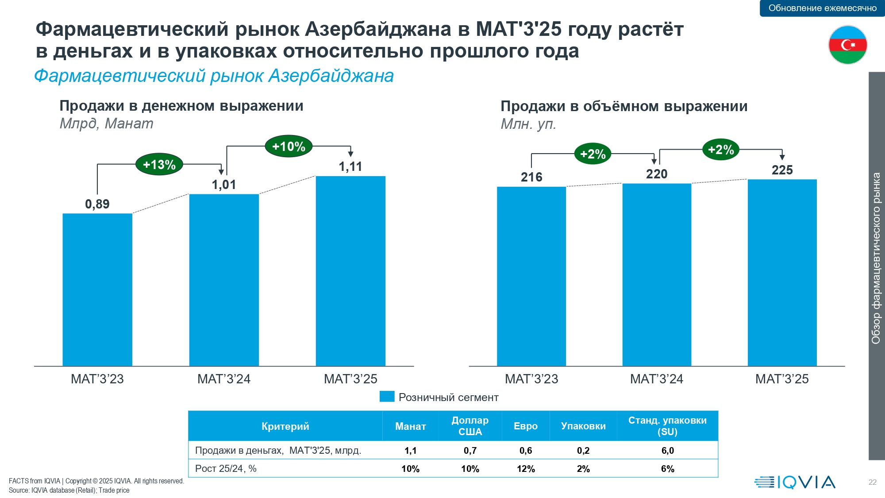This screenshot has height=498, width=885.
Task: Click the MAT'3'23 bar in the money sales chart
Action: (97, 290)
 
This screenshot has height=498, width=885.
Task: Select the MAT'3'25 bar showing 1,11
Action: (350, 271)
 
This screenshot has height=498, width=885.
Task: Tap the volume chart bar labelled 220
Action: (657, 274)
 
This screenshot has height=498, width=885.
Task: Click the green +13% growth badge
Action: (159, 165)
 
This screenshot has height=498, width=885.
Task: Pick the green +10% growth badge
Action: (289, 147)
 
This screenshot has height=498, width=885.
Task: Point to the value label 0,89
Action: (97, 204)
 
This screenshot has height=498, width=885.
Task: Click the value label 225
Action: (782, 170)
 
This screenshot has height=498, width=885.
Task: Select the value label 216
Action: (531, 177)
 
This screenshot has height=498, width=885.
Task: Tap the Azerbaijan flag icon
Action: (847, 45)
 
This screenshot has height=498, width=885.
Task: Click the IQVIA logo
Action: (795, 482)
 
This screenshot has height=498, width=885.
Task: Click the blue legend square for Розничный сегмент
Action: (387, 397)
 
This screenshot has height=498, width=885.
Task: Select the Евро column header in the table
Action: (526, 426)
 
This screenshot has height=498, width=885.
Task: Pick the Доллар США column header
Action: (470, 426)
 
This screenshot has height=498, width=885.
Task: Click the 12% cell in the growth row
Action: (526, 469)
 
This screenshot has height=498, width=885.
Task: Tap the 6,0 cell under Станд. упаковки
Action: (667, 451)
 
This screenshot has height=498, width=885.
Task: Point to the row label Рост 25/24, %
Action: (226, 469)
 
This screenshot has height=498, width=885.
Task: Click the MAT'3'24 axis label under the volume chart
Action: (657, 379)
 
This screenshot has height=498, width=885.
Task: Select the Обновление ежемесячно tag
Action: (822, 8)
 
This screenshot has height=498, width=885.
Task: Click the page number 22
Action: (872, 482)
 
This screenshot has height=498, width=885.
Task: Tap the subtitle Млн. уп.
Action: (528, 124)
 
